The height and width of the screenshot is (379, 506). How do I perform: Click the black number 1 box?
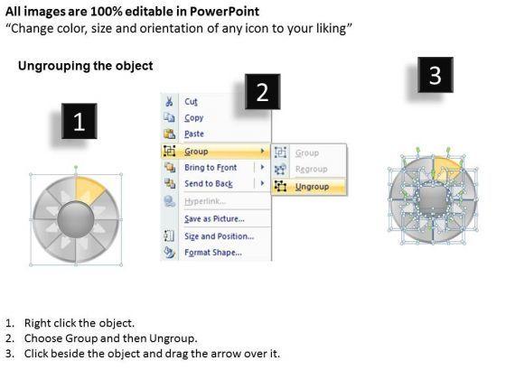[x=80, y=121]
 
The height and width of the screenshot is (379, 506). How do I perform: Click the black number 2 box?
[x=262, y=92]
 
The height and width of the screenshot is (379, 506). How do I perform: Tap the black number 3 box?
[x=436, y=75]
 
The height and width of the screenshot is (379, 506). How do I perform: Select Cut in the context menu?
[x=191, y=102]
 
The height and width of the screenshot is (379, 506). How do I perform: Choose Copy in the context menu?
[x=193, y=118]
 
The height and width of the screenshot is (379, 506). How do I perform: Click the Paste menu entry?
[x=194, y=134]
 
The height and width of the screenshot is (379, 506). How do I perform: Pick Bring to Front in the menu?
[x=211, y=168]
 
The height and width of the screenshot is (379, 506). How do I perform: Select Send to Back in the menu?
[x=209, y=184]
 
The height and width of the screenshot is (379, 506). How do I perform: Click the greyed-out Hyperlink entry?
[x=205, y=201]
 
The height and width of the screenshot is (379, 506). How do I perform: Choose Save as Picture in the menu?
[x=214, y=218]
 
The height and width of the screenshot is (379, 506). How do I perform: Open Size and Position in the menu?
[x=219, y=236]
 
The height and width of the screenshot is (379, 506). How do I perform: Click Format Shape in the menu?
[x=213, y=253]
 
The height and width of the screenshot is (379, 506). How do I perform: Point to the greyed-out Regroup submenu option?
[x=311, y=170]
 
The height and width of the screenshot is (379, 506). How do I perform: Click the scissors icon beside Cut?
[x=169, y=101]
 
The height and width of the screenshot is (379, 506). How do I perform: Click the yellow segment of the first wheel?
[x=88, y=189]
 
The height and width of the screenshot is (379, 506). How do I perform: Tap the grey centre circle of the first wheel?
[x=76, y=219]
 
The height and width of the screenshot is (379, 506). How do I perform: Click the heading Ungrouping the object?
[x=86, y=66]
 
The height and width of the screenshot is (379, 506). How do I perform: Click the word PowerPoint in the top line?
[x=224, y=12]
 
